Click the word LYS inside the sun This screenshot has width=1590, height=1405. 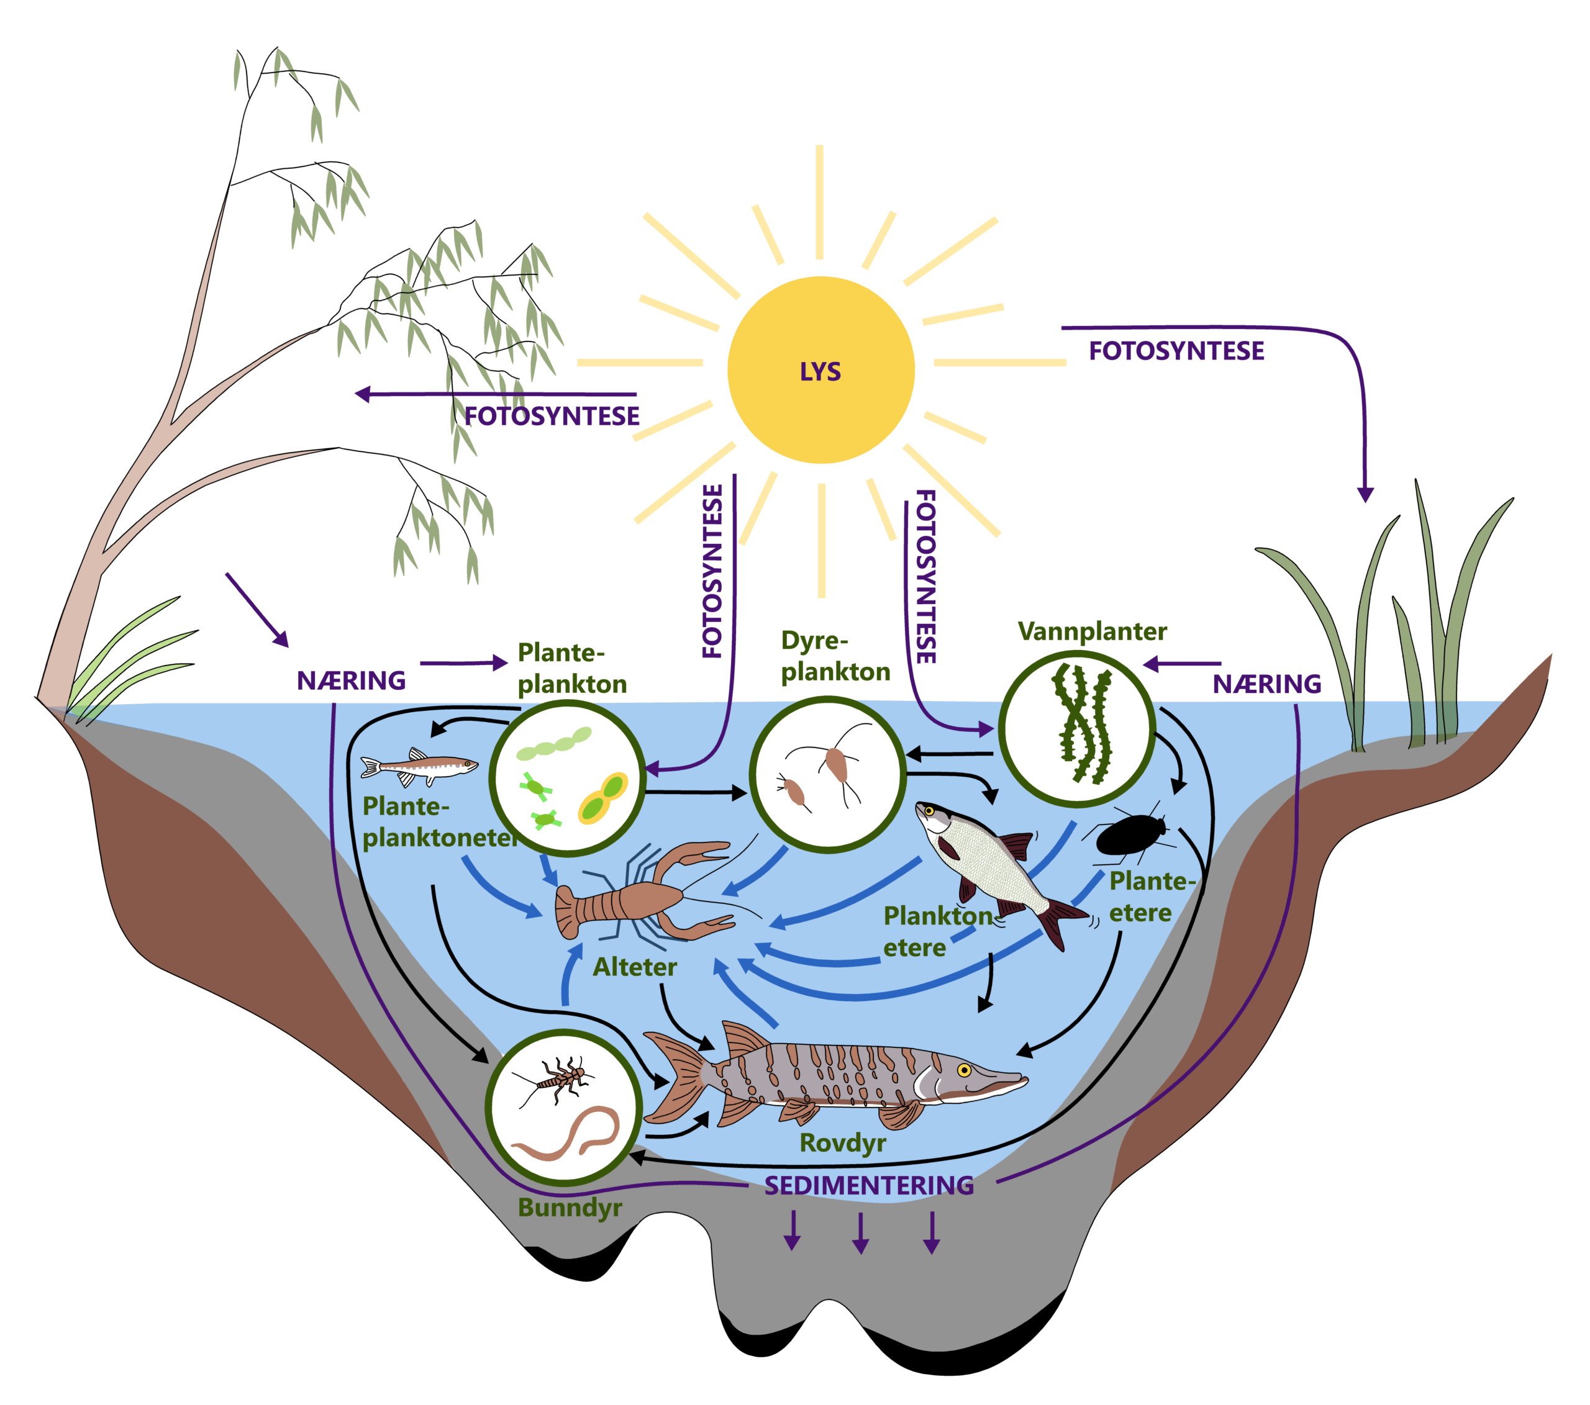[820, 372]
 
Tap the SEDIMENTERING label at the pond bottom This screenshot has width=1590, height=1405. [869, 1185]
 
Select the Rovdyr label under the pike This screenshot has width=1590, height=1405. [842, 1142]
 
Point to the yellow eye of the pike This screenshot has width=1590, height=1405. [964, 1070]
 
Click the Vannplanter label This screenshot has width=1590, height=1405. [1092, 631]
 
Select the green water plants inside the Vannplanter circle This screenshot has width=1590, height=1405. [1081, 723]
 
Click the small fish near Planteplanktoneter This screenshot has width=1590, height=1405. [419, 766]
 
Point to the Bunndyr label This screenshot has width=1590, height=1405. [570, 1208]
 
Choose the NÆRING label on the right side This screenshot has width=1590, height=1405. [1266, 684]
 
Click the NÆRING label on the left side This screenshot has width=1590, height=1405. [352, 680]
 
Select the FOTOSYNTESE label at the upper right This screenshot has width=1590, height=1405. [1176, 351]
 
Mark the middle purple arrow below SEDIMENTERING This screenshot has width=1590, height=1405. [860, 1232]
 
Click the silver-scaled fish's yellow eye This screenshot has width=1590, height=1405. [929, 811]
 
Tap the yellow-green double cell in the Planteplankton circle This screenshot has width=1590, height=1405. [603, 798]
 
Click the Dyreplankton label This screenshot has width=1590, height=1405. [835, 656]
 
